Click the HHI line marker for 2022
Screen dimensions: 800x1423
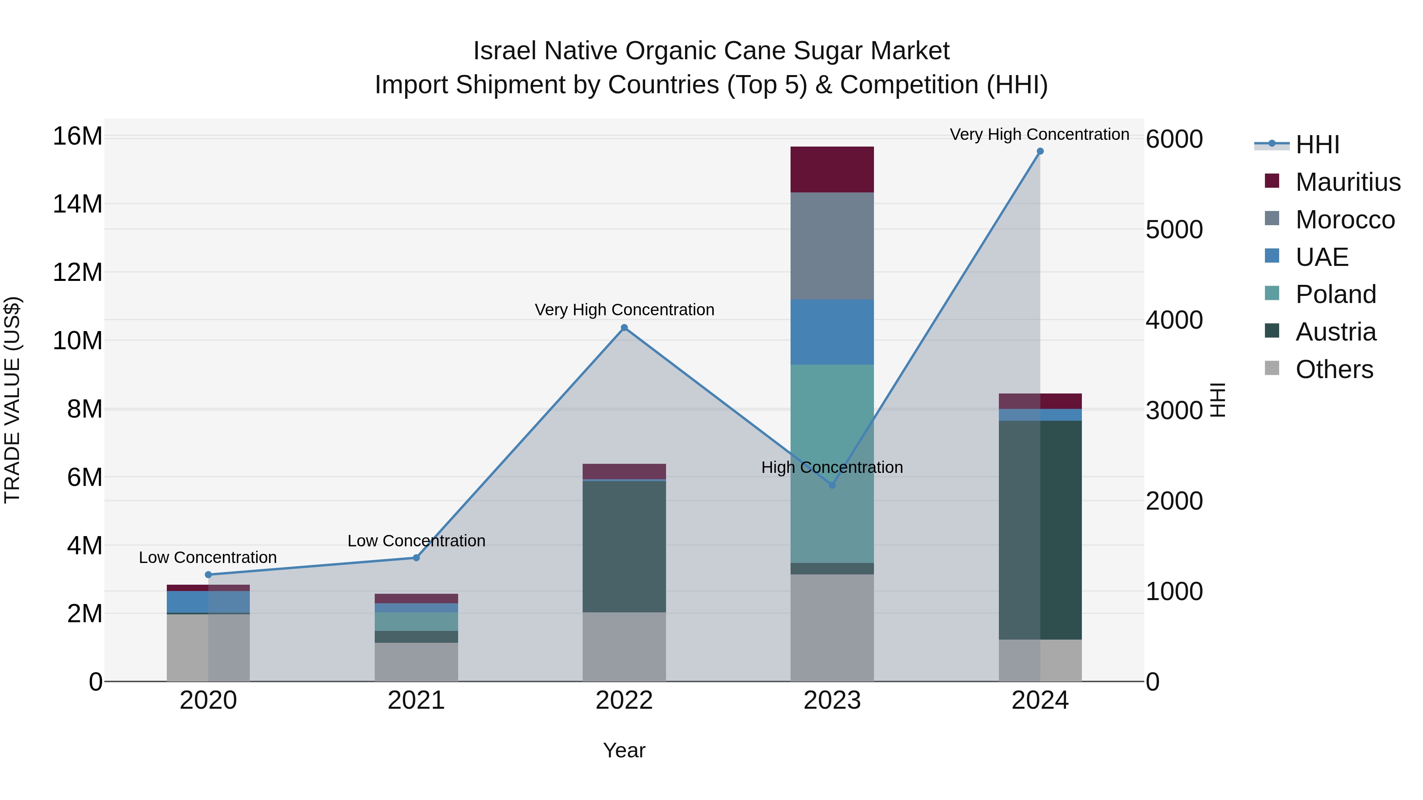click(624, 328)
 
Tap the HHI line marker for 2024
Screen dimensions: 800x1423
click(1040, 151)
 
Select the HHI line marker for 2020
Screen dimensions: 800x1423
click(208, 575)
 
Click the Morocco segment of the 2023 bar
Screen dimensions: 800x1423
click(832, 246)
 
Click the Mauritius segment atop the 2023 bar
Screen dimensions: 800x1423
click(832, 169)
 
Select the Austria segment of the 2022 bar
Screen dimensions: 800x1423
click(624, 547)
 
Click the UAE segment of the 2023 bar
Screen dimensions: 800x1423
click(832, 332)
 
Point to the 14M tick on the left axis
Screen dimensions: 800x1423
click(77, 204)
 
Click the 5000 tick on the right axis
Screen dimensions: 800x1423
click(1174, 230)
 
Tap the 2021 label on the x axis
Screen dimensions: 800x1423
click(416, 700)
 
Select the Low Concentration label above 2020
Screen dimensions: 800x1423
click(208, 557)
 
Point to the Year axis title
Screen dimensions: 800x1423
click(624, 750)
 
